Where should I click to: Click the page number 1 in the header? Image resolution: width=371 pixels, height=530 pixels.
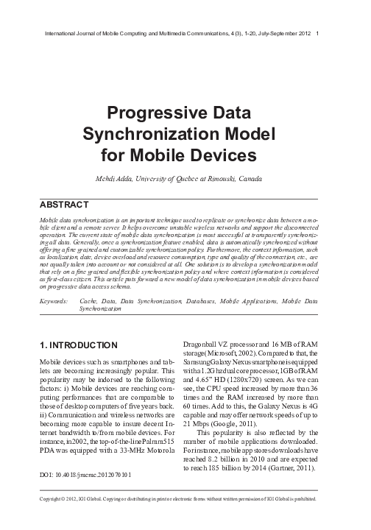[x=317, y=34]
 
